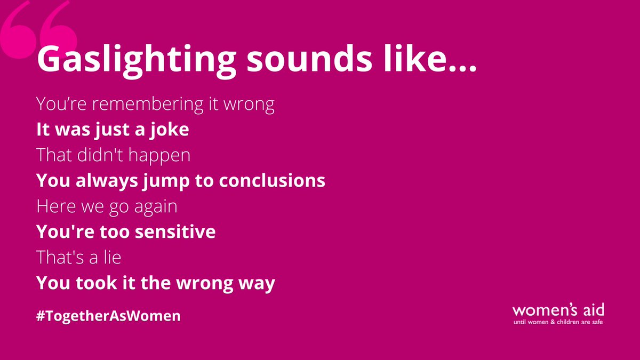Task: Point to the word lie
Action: [111, 257]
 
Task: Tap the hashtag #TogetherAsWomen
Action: [109, 316]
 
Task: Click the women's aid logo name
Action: [558, 310]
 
